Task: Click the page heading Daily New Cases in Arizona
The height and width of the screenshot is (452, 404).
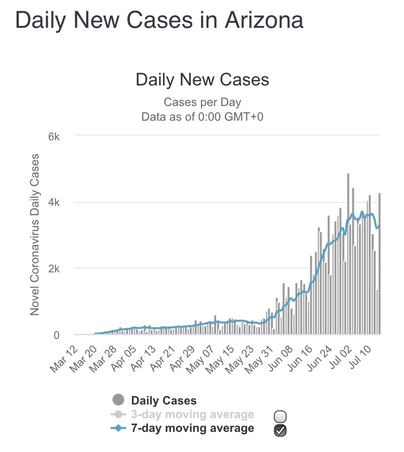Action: pos(159,21)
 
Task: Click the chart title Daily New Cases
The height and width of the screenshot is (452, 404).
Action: pos(202,80)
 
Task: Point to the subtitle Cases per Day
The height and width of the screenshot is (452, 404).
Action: pos(202,102)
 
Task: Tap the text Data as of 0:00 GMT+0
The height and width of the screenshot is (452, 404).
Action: pos(202,117)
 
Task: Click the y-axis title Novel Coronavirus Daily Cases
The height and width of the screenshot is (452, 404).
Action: pos(35,234)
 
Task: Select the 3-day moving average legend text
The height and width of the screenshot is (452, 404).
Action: pos(192,415)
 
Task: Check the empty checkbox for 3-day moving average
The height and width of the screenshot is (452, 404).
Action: pos(281,416)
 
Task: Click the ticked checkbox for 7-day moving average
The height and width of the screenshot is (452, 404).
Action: pos(281,430)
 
